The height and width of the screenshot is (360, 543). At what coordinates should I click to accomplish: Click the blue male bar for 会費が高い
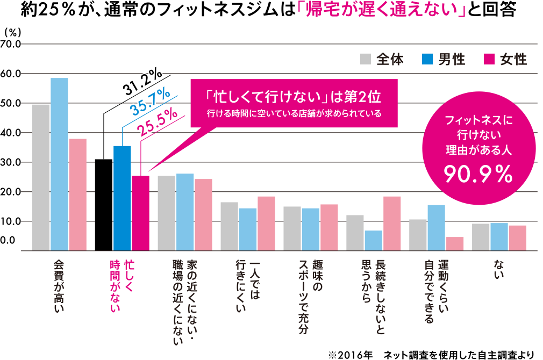point(59,164)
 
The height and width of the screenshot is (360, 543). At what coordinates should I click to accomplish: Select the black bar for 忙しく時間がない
point(104,205)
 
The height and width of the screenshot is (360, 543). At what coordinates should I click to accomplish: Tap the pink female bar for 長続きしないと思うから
point(392,223)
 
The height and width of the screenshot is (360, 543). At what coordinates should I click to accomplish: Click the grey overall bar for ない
point(481,237)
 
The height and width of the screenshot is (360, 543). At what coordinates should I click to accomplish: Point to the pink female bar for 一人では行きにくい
point(266,223)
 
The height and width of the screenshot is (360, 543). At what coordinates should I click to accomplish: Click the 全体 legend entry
point(382,59)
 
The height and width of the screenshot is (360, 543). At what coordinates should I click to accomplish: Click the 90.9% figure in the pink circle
point(476,172)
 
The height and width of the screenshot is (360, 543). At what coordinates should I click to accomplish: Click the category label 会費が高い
point(59,285)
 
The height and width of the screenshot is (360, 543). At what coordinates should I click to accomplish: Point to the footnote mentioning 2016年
point(431,354)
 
